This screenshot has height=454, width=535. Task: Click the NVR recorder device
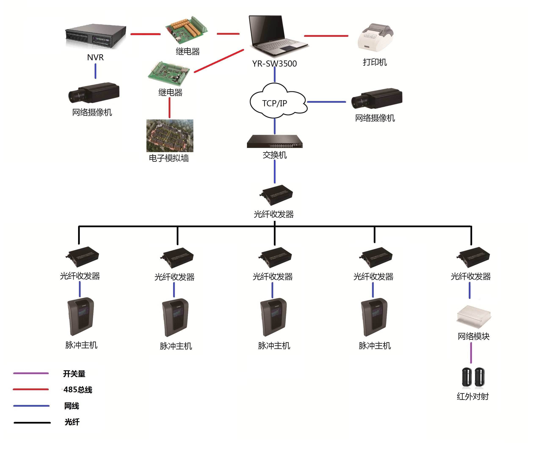point(95,37)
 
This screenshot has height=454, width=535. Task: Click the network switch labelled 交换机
point(274,141)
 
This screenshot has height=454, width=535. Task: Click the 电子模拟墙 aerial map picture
point(170,135)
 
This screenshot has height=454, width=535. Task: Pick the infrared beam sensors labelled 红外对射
point(473,377)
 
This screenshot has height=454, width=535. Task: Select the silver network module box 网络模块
point(474,317)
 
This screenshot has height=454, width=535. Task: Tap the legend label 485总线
point(78,390)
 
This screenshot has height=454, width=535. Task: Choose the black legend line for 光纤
point(32,423)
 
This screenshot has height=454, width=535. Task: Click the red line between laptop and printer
point(326,36)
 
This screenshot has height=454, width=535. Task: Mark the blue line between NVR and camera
point(95,71)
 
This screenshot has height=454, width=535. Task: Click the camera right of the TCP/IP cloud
point(376,98)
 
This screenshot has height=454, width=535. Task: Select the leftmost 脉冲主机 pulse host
point(80,316)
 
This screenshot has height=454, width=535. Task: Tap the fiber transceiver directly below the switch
point(276,195)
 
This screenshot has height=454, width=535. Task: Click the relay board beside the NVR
point(186,29)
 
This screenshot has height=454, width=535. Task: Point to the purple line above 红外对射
point(471,353)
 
